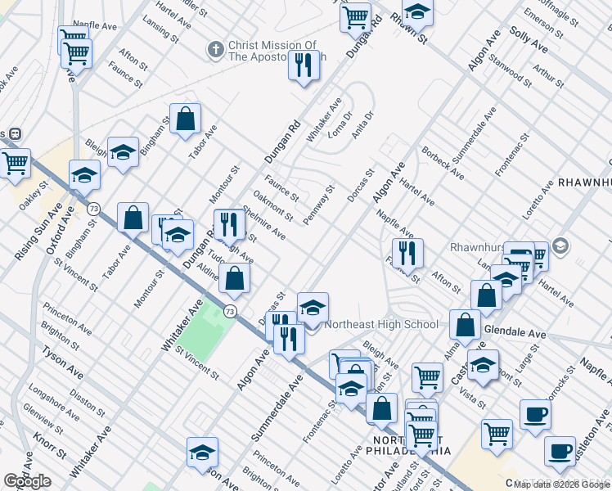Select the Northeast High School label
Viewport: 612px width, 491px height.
coord(381,324)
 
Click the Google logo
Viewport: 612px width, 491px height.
coord(28,481)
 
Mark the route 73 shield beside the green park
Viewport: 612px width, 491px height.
coord(230,311)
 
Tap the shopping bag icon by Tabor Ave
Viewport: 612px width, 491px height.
coord(186,118)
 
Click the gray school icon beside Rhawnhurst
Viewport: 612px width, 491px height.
coord(560,245)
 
